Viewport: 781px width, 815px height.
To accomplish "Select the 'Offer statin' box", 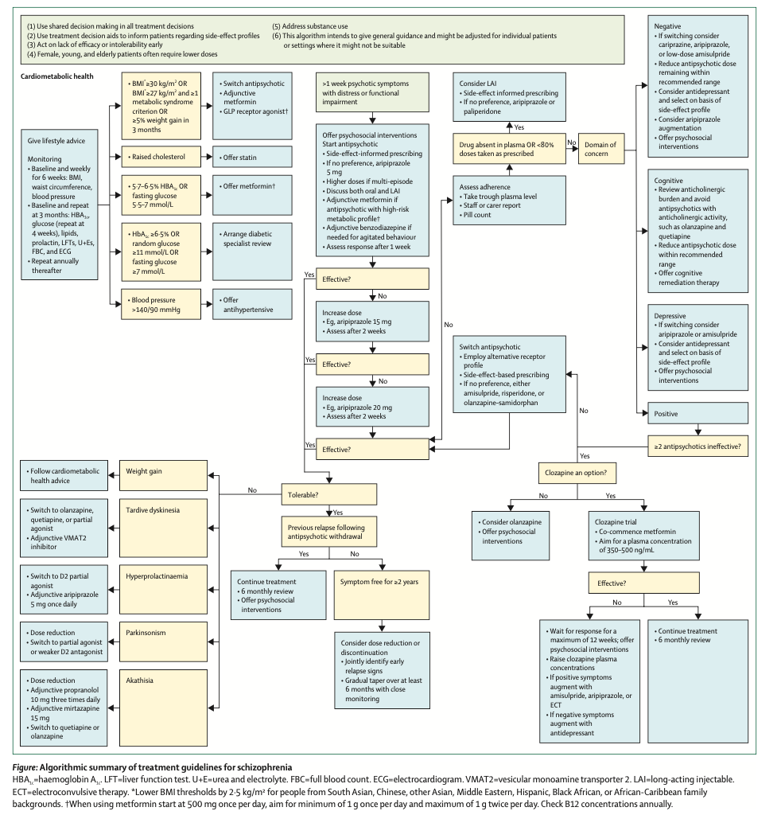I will click(251, 158).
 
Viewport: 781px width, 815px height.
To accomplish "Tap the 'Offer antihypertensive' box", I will click(251, 305).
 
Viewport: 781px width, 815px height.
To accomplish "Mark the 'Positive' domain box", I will click(697, 414).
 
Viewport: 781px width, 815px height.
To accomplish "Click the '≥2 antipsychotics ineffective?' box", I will click(697, 447).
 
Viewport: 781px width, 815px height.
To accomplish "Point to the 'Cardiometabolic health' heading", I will click(57, 76).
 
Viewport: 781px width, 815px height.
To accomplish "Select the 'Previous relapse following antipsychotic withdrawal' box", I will click(327, 532).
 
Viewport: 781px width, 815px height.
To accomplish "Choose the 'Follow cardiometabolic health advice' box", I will click(63, 476).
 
